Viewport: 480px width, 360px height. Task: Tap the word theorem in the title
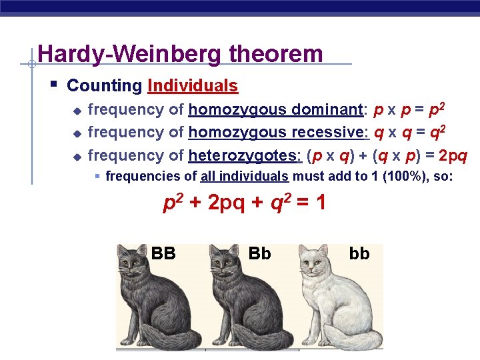pyautogui.click(x=275, y=54)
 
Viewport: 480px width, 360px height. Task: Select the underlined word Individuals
pyautogui.click(x=193, y=86)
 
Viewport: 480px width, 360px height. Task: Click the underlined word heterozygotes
pyautogui.click(x=245, y=155)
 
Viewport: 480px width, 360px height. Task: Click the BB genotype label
pyautogui.click(x=163, y=253)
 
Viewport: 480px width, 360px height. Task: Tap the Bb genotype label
pyautogui.click(x=259, y=253)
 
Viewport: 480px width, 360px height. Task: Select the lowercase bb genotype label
pyautogui.click(x=359, y=253)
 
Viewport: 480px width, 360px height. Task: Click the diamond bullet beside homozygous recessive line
pyautogui.click(x=77, y=133)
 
